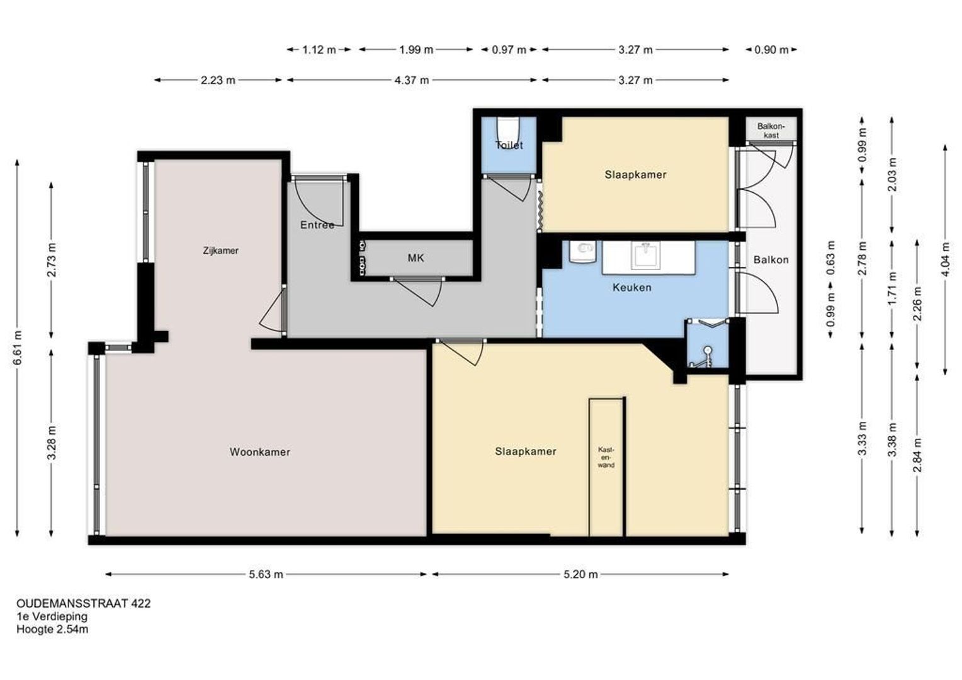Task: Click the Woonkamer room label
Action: (260, 452)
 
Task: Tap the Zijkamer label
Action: (221, 251)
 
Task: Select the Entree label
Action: (317, 225)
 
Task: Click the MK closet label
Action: (416, 258)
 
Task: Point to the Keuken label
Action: (631, 287)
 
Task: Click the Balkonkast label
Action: (771, 130)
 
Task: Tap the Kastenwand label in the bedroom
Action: (606, 457)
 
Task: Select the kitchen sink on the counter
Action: (645, 255)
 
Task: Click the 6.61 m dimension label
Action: (18, 348)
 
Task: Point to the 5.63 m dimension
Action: (266, 574)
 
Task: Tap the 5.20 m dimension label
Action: (580, 574)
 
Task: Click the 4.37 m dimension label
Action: (412, 81)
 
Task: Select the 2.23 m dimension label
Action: (218, 81)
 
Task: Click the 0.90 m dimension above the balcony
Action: (771, 50)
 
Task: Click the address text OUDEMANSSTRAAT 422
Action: (84, 604)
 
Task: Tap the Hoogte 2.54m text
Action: (52, 629)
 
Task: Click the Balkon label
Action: (771, 260)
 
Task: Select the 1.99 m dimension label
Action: (416, 50)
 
